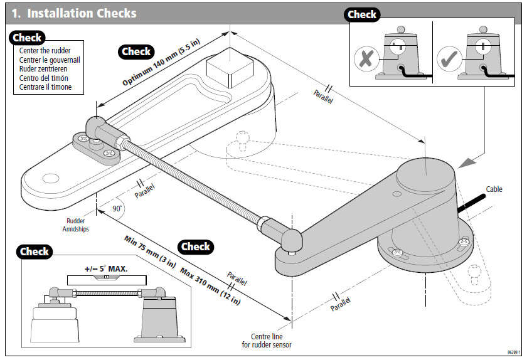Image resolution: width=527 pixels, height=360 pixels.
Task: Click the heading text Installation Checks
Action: click(82, 13)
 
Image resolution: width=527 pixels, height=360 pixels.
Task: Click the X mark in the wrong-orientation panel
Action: click(363, 59)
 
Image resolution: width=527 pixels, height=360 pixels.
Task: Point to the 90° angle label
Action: click(117, 208)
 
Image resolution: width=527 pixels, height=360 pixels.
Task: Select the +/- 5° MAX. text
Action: click(106, 268)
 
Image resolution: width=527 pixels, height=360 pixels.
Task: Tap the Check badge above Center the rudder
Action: click(28, 38)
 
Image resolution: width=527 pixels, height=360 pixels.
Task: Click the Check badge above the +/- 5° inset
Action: click(35, 251)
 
